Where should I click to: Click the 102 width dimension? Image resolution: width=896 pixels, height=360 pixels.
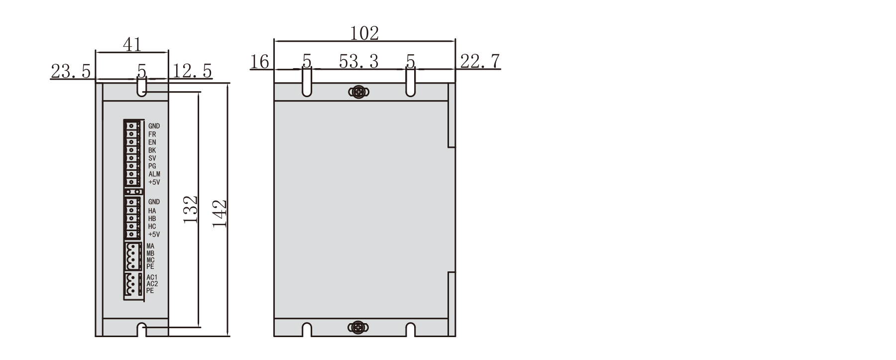pos(364,33)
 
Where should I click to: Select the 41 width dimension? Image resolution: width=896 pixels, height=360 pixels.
pos(132,44)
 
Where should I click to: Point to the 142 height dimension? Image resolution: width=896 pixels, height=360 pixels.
pos(220,213)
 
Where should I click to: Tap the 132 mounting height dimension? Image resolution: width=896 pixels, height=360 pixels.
pos(191,209)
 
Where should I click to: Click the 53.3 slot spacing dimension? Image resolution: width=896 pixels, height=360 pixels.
pos(358,61)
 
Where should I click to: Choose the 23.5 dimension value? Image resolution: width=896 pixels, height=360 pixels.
pos(71,72)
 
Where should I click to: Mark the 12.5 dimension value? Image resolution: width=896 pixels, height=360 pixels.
pos(192,72)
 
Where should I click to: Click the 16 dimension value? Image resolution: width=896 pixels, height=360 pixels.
pos(260,62)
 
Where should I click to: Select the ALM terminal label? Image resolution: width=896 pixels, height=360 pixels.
pos(154,174)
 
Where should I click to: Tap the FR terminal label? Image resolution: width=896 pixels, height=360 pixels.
pos(152,134)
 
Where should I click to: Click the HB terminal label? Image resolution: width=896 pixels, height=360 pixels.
pos(152,219)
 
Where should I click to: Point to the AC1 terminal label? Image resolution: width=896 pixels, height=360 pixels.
pos(152,277)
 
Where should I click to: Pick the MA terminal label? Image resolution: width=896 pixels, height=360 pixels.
pos(150,246)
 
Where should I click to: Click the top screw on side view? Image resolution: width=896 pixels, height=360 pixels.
pos(358,92)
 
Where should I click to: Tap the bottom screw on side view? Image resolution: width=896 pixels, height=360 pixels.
pos(358,327)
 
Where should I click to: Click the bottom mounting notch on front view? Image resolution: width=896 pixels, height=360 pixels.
pos(142,330)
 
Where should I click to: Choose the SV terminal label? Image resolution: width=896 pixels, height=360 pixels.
pos(152,158)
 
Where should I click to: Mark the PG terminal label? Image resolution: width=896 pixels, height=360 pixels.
pos(152,166)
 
